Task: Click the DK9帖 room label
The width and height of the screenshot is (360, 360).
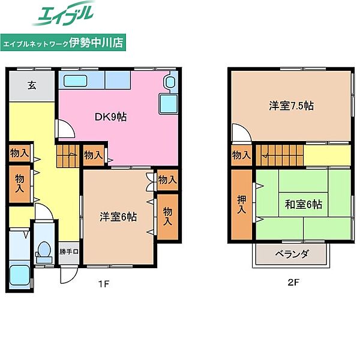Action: [110, 117]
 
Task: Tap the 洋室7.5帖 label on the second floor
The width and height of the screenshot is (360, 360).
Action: [291, 106]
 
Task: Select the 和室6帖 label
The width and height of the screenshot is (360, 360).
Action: [303, 204]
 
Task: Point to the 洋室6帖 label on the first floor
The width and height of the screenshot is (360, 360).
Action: [118, 217]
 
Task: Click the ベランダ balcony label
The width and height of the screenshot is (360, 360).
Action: [292, 254]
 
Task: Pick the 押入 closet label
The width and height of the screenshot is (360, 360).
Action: [242, 204]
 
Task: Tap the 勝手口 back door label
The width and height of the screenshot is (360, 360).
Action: [68, 251]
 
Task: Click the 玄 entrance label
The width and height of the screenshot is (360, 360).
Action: [32, 85]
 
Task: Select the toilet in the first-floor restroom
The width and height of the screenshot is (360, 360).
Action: [44, 252]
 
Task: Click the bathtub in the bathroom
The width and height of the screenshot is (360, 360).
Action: [20, 275]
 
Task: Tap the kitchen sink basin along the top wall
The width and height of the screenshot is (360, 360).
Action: [75, 81]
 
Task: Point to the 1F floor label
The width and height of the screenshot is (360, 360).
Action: [104, 284]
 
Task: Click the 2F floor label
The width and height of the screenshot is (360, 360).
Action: [293, 282]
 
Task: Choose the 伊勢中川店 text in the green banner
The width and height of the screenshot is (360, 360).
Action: [96, 42]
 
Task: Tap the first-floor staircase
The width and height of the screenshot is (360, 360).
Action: [68, 156]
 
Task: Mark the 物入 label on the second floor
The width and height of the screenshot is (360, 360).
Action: [241, 155]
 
